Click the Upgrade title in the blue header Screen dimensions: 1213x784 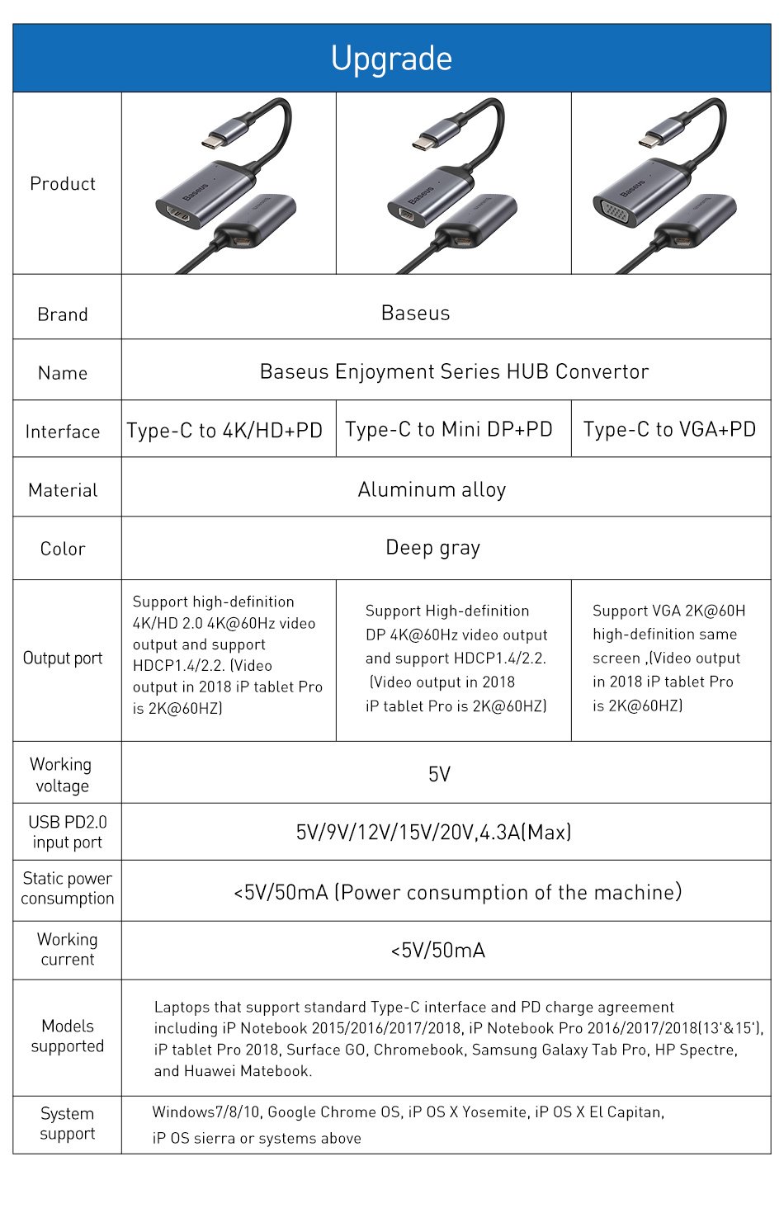(x=391, y=59)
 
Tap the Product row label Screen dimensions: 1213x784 (x=63, y=184)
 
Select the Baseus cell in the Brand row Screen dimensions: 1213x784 (x=416, y=314)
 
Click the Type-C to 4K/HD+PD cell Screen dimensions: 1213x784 (x=224, y=431)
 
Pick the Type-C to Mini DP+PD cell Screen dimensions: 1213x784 (x=449, y=430)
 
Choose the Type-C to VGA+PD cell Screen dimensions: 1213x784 (x=669, y=430)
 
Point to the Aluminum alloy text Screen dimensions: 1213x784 (x=432, y=490)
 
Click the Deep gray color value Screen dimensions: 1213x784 (x=432, y=548)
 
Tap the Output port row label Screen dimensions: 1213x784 (x=63, y=658)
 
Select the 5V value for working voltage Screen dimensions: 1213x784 (x=439, y=774)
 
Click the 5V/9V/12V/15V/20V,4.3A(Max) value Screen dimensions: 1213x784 (x=433, y=832)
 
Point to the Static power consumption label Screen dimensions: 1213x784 (x=68, y=889)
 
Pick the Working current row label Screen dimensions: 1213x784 (x=68, y=950)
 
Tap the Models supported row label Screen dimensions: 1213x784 (x=68, y=1036)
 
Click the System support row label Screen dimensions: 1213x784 (x=68, y=1124)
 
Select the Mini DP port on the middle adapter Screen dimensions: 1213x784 (x=405, y=215)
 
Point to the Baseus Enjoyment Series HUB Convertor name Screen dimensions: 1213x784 (x=454, y=372)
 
